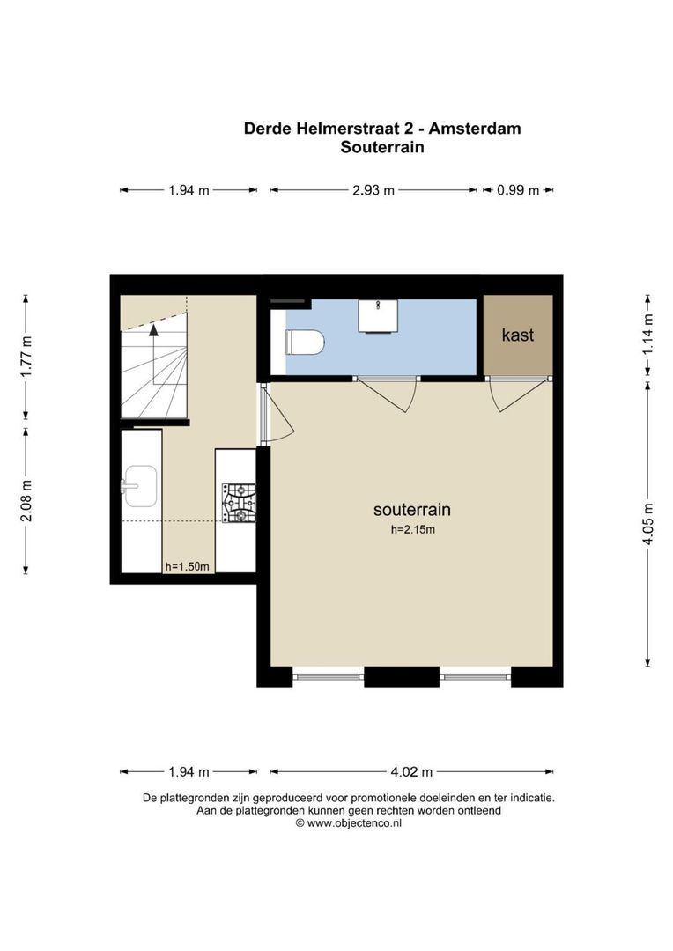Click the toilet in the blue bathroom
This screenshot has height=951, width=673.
306,343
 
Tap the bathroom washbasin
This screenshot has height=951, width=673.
378,315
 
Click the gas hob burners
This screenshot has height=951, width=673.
239,503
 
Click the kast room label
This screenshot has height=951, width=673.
518,335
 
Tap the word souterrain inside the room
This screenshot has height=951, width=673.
412,510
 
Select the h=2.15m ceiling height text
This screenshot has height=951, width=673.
412,529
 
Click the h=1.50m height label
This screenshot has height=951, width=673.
187,567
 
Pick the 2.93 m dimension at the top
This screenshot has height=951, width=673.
373,190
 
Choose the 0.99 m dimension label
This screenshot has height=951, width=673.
518,190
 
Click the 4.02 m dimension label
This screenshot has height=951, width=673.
411,772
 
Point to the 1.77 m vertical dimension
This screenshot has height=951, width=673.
26,357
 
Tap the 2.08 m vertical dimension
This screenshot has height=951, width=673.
26,500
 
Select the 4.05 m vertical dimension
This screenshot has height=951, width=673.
648,525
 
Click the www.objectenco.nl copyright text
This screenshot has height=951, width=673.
348,823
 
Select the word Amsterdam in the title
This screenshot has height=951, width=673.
475,129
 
